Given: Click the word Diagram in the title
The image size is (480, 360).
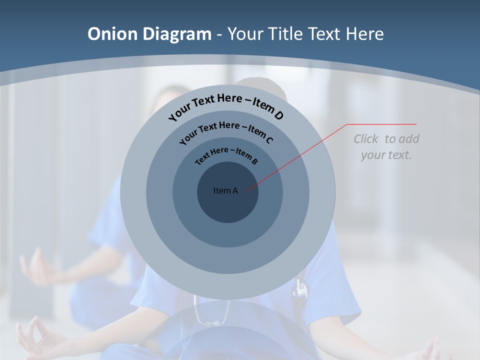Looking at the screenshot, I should (177, 34).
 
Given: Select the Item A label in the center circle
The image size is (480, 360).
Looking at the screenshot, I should (225, 190).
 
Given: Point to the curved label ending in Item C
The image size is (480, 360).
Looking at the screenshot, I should (226, 131).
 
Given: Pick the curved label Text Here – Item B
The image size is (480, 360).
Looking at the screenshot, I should (226, 155).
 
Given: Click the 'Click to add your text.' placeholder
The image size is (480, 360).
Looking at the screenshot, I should (386, 146).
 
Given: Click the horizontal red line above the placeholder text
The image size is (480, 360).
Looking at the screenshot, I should (381, 124).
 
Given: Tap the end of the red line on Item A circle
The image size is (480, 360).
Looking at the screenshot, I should (246, 189).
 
